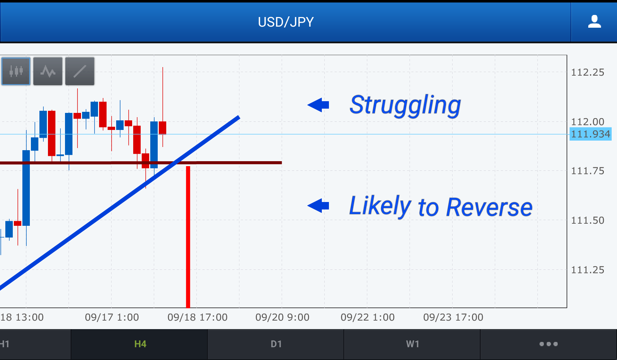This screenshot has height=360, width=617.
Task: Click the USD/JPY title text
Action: pyautogui.click(x=286, y=22)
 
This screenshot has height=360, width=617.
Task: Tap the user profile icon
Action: pyautogui.click(x=594, y=21)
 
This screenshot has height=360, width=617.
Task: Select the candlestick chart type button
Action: pyautogui.click(x=16, y=71)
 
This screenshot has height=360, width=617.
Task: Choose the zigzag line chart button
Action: pyautogui.click(x=48, y=71)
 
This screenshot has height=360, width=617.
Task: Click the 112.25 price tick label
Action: pyautogui.click(x=588, y=72)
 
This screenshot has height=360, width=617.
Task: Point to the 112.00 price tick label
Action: pyautogui.click(x=588, y=122)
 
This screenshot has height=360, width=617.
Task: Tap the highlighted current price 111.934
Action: pyautogui.click(x=590, y=134)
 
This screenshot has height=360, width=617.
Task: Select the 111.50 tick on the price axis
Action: pyautogui.click(x=588, y=220)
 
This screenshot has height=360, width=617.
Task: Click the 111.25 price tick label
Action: pyautogui.click(x=588, y=270)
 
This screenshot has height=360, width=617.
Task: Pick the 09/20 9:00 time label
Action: pyautogui.click(x=282, y=317)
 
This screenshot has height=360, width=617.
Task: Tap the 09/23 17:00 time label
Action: pyautogui.click(x=453, y=317)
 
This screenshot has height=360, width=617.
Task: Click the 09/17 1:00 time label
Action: pyautogui.click(x=112, y=317)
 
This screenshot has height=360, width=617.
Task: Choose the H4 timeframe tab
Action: pyautogui.click(x=140, y=344)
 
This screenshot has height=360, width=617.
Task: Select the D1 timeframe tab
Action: pyautogui.click(x=276, y=344)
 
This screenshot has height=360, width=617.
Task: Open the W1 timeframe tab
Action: pyautogui.click(x=412, y=344)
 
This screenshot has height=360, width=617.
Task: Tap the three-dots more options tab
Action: pyautogui.click(x=548, y=344)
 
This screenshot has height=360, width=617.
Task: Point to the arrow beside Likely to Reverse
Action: pyautogui.click(x=318, y=206)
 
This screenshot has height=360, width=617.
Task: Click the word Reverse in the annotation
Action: pyautogui.click(x=489, y=207)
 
